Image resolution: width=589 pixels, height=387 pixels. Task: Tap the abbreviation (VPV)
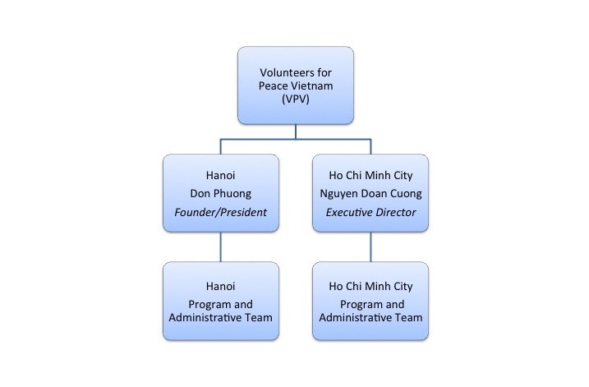296,99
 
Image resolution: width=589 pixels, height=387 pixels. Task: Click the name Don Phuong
220,194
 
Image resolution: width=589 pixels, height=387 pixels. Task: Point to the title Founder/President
220,212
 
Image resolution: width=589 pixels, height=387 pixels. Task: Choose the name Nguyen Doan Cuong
370,194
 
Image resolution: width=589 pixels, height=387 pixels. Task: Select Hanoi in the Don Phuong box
220,175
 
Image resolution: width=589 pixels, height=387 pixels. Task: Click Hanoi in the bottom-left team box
220,286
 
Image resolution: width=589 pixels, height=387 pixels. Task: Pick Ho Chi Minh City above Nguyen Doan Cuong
370,176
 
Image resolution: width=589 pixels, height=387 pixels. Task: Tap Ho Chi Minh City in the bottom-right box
370,287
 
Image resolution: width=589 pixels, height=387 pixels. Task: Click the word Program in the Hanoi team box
208,305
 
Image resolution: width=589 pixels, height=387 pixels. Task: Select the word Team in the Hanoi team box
259,317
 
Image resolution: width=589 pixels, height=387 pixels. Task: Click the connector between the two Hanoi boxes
220,246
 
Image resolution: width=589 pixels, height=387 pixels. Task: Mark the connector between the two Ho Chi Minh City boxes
370,246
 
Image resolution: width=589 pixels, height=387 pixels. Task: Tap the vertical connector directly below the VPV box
296,131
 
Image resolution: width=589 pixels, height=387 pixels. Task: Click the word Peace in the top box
274,85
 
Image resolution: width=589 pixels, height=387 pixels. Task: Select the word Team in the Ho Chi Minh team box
409,317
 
